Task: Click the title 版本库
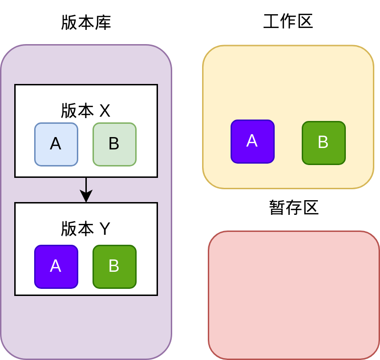click(86, 22)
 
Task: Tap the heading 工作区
click(288, 21)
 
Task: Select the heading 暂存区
click(294, 207)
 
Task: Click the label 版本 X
click(85, 111)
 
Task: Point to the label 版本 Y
click(85, 229)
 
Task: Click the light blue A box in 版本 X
click(56, 144)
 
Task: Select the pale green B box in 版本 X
click(114, 144)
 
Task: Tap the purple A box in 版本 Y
click(56, 267)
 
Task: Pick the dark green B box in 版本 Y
click(114, 267)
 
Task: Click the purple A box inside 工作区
click(252, 141)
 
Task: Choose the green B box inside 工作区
click(324, 143)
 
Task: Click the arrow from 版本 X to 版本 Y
click(86, 190)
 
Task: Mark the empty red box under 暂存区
click(294, 295)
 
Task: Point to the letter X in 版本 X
click(104, 111)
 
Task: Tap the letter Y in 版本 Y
click(104, 229)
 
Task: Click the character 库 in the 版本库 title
click(103, 22)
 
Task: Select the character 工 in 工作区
click(271, 21)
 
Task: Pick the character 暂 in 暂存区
click(277, 207)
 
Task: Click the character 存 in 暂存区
click(294, 207)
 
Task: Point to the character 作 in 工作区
click(288, 21)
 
